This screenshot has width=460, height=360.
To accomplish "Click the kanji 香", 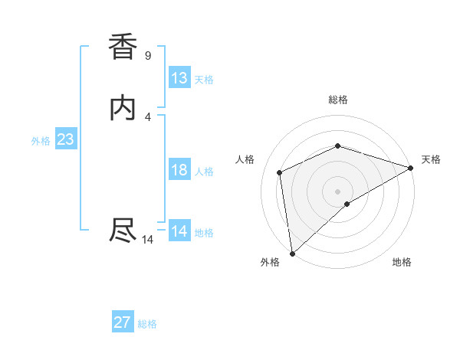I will [123, 47].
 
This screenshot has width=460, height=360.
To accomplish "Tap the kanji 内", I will [123, 108].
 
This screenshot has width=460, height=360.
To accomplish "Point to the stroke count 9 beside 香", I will [147, 56].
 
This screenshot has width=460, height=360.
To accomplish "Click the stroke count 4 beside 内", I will [148, 116].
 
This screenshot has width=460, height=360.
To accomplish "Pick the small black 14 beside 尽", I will [148, 240].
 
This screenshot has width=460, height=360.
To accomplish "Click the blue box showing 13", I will [179, 78].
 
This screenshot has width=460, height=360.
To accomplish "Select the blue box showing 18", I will [179, 170].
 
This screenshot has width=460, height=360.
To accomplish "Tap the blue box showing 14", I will [179, 231].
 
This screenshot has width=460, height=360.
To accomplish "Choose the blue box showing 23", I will [65, 139].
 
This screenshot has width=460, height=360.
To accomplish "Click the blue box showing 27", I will [123, 322].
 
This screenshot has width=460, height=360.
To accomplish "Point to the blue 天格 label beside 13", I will [203, 80].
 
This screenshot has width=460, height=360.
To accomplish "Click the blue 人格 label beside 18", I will [203, 172].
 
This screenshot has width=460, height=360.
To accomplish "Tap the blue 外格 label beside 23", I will [41, 141].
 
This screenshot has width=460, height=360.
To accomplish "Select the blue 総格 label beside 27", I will [147, 324].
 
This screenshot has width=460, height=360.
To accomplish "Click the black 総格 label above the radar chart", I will [337, 100].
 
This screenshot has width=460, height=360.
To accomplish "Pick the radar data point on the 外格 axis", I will [292, 253].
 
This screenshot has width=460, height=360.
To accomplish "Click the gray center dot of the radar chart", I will [337, 191].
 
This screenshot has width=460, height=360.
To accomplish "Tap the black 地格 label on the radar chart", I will [402, 263].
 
